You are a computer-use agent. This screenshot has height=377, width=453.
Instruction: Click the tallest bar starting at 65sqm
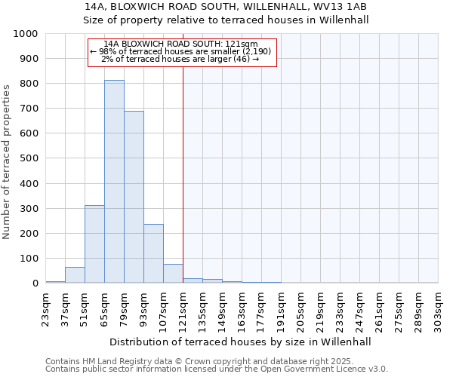114,181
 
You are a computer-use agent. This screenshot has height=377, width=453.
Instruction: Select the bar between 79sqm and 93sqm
134,197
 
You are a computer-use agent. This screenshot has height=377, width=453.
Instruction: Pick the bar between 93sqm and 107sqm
153,253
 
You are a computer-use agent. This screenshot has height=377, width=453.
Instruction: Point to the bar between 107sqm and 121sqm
173,274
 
